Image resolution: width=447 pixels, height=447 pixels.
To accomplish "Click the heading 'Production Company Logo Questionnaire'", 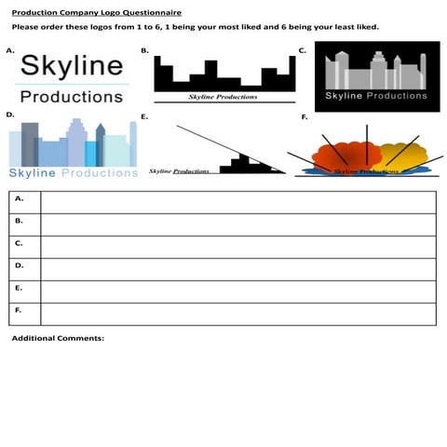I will point(97,12).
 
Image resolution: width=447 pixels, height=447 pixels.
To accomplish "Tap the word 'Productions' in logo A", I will point(71,96).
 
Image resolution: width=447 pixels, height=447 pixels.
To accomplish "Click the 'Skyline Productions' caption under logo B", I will point(223,96).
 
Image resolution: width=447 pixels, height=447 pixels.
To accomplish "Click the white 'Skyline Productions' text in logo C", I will point(375,96).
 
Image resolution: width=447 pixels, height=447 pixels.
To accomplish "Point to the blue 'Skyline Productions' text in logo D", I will point(73,172).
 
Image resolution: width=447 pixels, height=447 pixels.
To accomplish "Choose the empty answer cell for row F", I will point(237,314).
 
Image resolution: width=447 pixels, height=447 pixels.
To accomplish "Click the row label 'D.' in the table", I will point(20,265).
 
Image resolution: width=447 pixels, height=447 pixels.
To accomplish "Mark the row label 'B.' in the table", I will point(20,221).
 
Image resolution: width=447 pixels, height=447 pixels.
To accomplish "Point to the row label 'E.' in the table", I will point(20,288).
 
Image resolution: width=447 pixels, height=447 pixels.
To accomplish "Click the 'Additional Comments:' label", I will point(58,338).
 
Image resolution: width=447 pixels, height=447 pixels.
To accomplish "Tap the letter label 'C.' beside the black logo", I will point(303,49).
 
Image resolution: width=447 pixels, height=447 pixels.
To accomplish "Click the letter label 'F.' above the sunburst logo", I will point(305,117).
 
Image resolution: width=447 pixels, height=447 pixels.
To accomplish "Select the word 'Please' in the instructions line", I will point(25,26).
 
